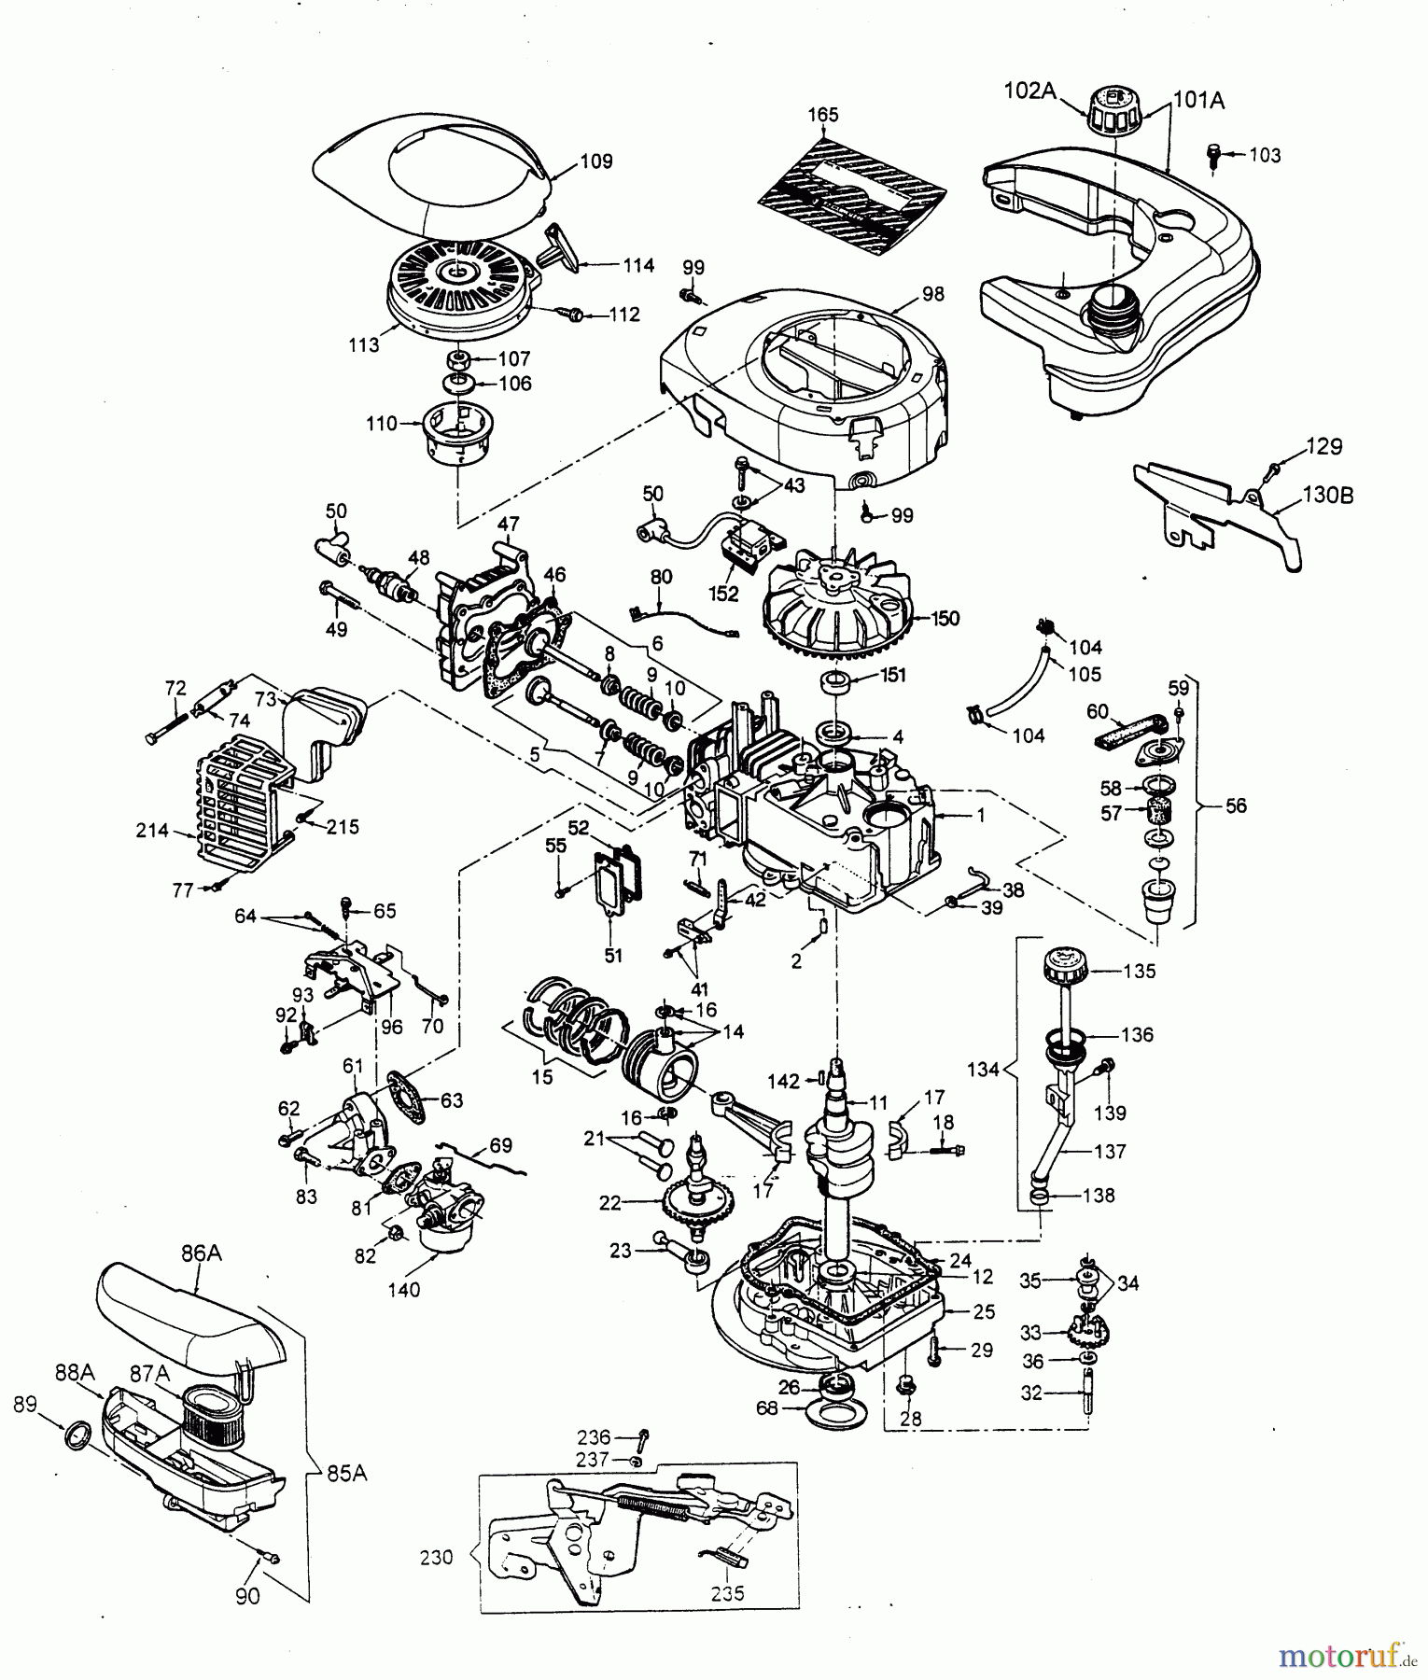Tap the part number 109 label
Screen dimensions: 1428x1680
click(595, 161)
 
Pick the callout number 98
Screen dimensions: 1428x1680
click(932, 295)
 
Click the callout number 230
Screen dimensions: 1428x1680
click(437, 1557)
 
